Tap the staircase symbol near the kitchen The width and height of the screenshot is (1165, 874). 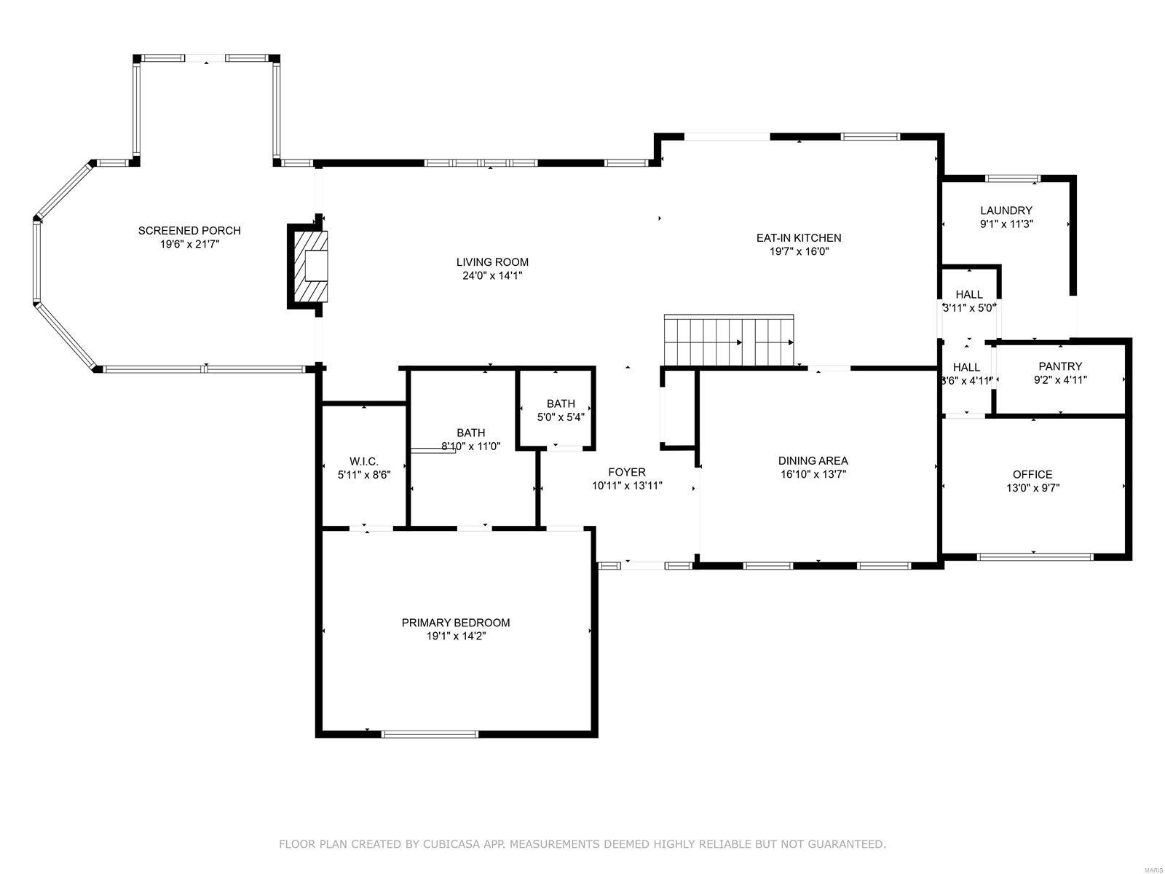(729, 341)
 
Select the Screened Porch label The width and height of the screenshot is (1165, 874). (189, 231)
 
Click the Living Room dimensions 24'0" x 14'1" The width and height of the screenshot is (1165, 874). (492, 276)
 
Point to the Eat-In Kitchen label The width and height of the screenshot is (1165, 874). (799, 237)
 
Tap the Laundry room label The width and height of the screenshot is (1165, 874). (1006, 210)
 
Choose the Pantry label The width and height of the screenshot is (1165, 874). (1060, 366)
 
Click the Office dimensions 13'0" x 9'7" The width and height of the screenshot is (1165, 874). (1032, 489)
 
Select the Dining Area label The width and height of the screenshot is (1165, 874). (813, 460)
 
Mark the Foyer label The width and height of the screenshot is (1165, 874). (627, 472)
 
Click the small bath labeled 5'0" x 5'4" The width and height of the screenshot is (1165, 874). (561, 410)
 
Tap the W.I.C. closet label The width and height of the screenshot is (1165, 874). (363, 461)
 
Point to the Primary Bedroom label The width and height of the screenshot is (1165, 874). (456, 623)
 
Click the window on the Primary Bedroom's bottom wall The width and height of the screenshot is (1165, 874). (430, 734)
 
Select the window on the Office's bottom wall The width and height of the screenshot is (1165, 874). (1035, 557)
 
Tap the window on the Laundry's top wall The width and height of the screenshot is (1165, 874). (1013, 178)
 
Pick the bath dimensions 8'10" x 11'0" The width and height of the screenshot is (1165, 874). (471, 446)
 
